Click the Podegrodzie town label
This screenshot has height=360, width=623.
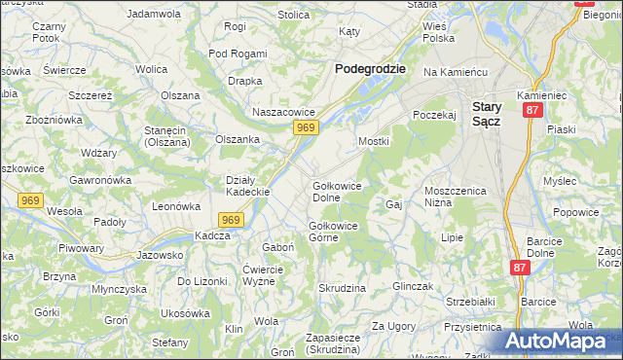click(370, 69)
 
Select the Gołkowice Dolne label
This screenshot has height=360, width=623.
click(332, 192)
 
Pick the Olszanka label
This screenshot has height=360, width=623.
click(238, 139)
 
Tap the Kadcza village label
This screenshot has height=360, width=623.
click(212, 236)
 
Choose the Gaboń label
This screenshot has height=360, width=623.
click(278, 247)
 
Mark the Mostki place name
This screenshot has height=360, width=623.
click(374, 142)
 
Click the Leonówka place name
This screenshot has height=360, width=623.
click(176, 206)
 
